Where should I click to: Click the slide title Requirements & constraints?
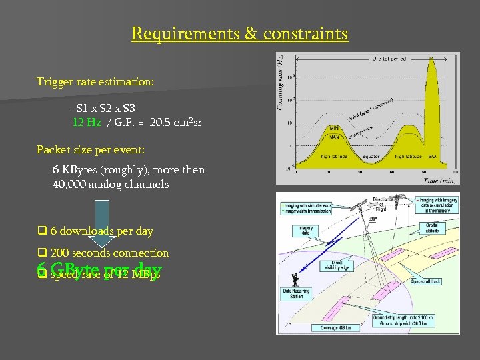[239, 33]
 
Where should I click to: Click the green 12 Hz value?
[87, 122]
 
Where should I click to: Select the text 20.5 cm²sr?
[175, 122]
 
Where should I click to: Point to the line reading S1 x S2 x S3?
[106, 107]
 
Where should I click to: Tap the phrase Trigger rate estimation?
[95, 82]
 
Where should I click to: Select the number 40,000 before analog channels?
[70, 184]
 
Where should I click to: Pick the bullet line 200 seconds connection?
[109, 253]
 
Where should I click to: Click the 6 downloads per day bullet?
[101, 231]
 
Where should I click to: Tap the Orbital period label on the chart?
[389, 59]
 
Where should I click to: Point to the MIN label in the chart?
[335, 128]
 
